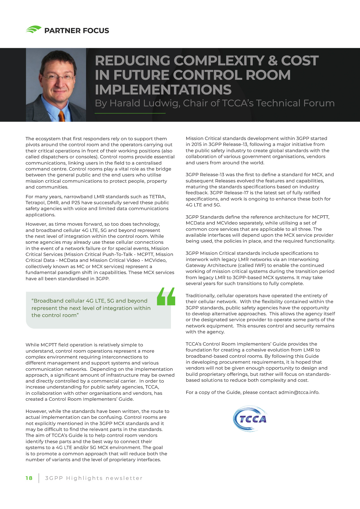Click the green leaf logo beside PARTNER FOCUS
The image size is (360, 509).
point(34,30)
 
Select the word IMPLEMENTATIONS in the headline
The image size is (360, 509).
point(163,90)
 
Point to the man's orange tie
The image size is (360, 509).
point(61,116)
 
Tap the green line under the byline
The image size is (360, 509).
point(130,113)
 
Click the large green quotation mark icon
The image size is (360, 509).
point(166,297)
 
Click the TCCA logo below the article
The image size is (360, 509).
point(250,419)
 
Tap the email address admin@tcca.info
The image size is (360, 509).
point(298,392)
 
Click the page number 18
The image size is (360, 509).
point(29,478)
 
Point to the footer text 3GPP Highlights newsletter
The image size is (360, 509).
point(94,478)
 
